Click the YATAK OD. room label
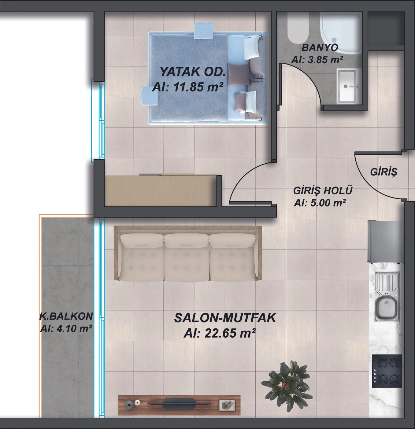(x=193, y=72)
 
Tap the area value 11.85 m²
(x=187, y=87)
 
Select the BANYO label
(x=320, y=48)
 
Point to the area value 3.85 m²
(x=317, y=60)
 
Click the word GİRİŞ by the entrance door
(x=384, y=172)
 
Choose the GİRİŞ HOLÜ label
(x=323, y=190)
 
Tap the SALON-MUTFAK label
(x=225, y=318)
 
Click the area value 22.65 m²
(x=220, y=333)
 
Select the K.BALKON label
(x=66, y=316)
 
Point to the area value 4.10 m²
(x=66, y=329)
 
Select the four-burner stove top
(x=387, y=371)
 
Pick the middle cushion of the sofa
(x=186, y=257)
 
